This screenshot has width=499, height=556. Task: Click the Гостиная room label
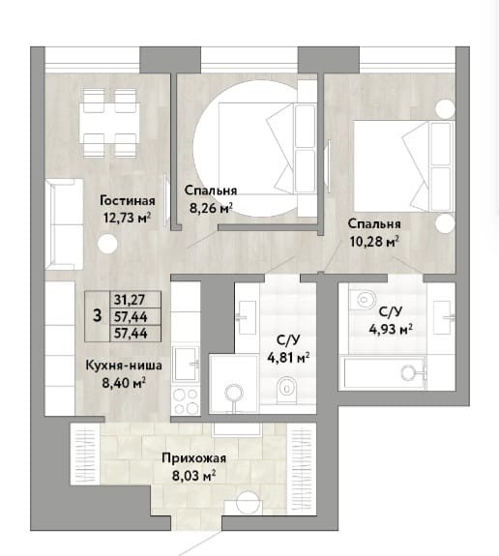[128, 200]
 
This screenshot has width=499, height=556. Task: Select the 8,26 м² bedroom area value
[211, 208]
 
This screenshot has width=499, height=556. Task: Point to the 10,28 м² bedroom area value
[374, 242]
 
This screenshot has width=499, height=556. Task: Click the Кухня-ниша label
[124, 366]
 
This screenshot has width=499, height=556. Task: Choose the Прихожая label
[194, 458]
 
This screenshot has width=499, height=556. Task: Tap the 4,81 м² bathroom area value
[288, 358]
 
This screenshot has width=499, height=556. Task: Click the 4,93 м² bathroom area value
[391, 329]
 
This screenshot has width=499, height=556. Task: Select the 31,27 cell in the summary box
[130, 300]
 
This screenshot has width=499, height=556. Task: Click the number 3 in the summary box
[97, 315]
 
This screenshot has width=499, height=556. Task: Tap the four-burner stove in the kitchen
[185, 401]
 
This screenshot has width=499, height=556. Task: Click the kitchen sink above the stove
[186, 365]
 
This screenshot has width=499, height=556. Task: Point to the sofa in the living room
[64, 224]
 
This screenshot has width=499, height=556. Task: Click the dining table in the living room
[109, 123]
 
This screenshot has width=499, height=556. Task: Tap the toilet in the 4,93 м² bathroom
[365, 300]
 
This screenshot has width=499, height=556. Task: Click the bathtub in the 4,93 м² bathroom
[383, 372]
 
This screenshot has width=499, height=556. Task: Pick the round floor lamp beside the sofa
[107, 245]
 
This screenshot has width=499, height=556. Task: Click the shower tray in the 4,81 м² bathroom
[234, 384]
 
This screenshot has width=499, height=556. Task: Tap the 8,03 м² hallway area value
[194, 475]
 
